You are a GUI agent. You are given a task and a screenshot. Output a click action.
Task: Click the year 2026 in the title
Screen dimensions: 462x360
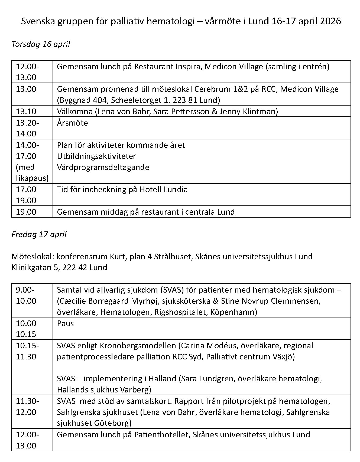(x=330, y=21)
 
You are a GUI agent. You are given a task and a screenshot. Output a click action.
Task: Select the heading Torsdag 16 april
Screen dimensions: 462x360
(x=41, y=44)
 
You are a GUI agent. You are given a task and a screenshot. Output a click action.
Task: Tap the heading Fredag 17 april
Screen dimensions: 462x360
(x=39, y=234)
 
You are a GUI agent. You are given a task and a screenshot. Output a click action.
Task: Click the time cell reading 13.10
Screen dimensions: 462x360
(x=26, y=111)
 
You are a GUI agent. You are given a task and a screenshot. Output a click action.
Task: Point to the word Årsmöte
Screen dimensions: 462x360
(x=72, y=123)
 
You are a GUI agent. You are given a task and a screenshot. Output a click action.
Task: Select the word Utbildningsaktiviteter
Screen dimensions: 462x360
(x=96, y=156)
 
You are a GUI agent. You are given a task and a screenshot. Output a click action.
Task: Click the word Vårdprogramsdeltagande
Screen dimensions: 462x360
(x=103, y=167)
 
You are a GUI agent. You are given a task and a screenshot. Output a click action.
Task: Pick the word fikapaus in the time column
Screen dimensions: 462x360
(x=32, y=178)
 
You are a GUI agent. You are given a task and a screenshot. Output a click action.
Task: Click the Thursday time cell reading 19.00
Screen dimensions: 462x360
(x=26, y=212)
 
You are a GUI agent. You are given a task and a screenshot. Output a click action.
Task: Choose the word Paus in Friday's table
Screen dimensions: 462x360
(x=65, y=323)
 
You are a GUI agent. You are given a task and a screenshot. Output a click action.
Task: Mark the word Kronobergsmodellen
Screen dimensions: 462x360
(x=138, y=346)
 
